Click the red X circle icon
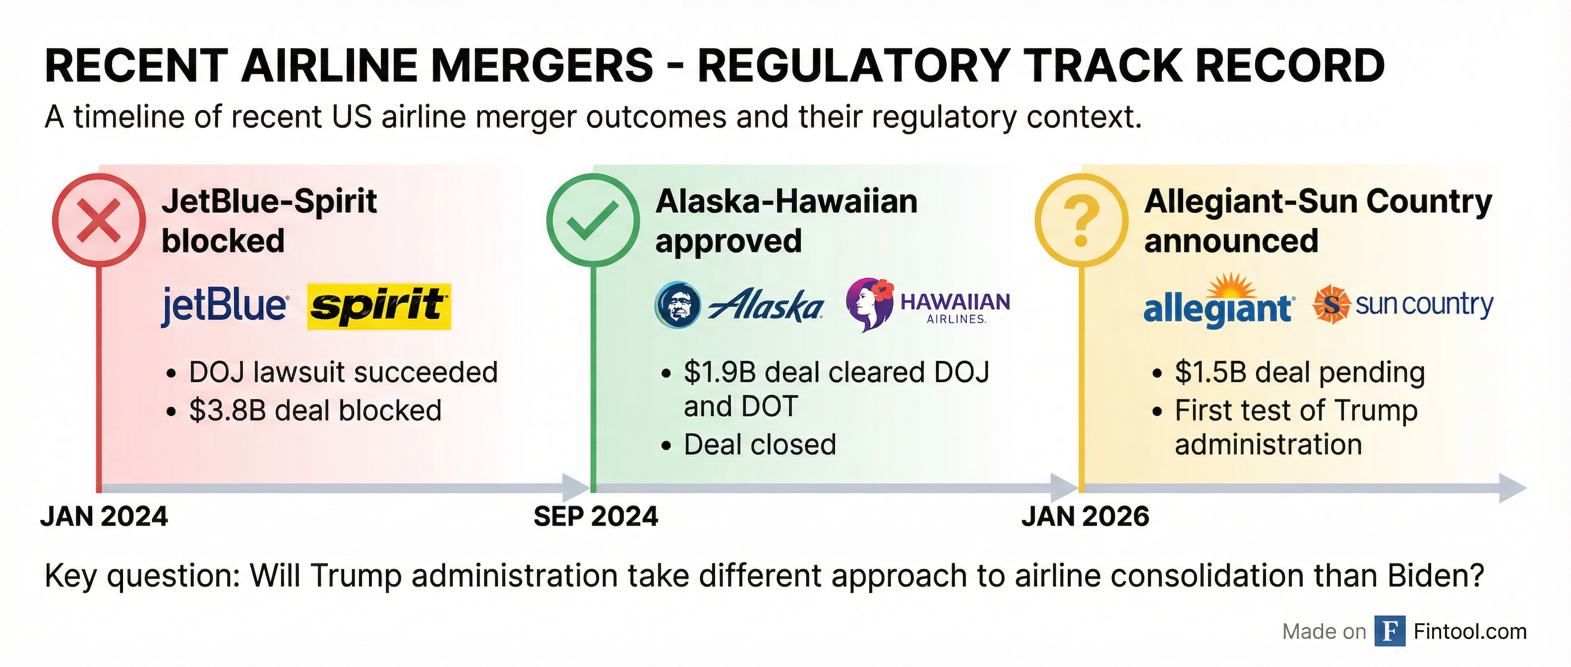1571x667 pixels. [x=99, y=220]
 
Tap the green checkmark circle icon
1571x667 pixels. [x=592, y=220]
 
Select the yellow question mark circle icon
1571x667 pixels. [x=1081, y=220]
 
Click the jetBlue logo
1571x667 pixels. [x=224, y=306]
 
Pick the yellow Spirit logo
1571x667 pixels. [x=379, y=306]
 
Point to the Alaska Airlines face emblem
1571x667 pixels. [x=677, y=305]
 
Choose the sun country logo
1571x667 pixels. [x=1403, y=305]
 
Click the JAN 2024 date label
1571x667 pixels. [x=104, y=517]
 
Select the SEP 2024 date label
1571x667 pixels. [x=596, y=517]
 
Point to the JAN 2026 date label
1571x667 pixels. [x=1085, y=517]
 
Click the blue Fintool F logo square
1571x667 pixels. [x=1390, y=631]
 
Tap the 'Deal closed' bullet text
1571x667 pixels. [x=760, y=445]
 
